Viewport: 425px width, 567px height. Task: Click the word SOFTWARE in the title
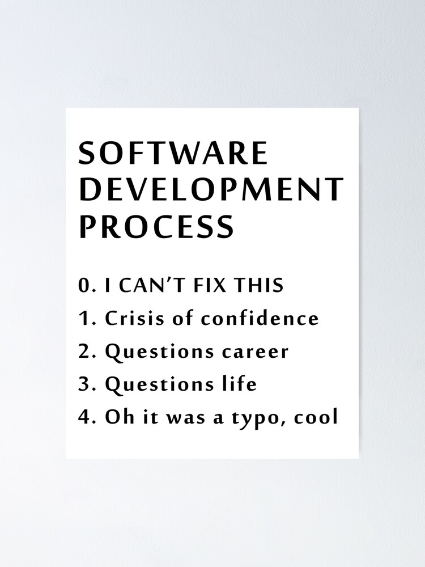click(173, 153)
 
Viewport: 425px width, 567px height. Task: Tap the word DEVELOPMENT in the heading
click(211, 189)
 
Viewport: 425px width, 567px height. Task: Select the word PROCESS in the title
click(156, 226)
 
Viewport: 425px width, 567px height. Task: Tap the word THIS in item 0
click(258, 285)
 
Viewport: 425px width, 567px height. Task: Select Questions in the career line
click(159, 352)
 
